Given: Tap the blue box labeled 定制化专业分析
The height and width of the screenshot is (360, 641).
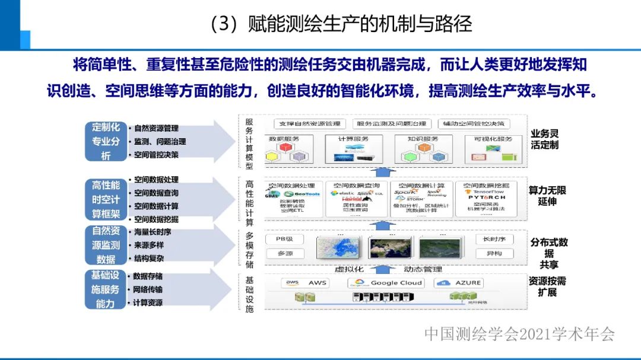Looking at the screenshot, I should (106, 141).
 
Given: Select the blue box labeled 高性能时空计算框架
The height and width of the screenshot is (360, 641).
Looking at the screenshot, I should (106, 200).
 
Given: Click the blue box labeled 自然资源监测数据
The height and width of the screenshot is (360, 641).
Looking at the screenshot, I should (106, 245).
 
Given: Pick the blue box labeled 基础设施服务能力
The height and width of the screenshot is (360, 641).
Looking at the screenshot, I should (106, 289).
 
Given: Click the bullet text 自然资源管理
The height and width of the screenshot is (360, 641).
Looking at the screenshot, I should (156, 128).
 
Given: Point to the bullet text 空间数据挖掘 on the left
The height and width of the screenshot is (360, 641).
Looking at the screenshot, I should (156, 219).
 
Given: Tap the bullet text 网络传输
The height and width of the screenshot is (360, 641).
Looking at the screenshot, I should (148, 289).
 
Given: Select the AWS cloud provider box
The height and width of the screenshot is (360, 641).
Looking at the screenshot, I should (307, 283).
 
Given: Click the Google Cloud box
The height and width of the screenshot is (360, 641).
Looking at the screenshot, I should (385, 283).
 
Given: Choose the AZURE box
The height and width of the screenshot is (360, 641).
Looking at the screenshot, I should (460, 283).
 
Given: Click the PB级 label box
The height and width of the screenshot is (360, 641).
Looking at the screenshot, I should (284, 239).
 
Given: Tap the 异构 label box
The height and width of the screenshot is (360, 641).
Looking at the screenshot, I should (494, 253).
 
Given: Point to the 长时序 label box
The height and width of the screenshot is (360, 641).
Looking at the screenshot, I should (494, 239).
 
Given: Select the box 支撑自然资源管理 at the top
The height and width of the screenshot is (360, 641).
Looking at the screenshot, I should (310, 124).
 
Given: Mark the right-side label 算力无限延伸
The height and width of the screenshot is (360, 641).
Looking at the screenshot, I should (547, 196).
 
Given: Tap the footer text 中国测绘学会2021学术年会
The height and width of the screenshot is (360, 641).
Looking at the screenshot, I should (519, 334).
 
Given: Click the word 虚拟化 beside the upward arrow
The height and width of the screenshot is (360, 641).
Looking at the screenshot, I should (348, 269).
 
